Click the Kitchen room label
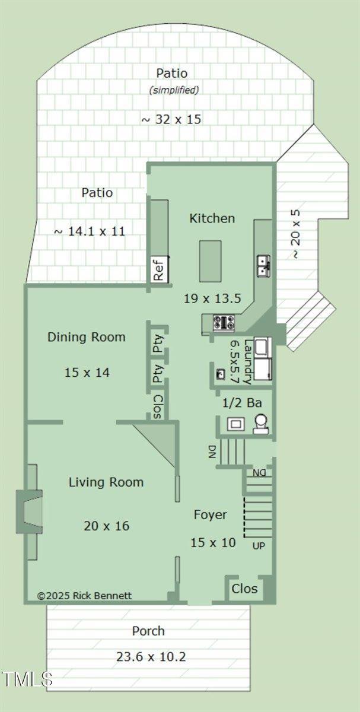click(212, 218)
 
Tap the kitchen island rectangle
click(210, 261)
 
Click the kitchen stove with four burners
click(224, 322)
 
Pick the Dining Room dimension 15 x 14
click(87, 373)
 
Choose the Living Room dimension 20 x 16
click(106, 526)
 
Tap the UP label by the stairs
click(259, 545)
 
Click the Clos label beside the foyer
click(244, 589)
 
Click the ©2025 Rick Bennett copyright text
click(84, 596)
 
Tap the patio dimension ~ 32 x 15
click(171, 119)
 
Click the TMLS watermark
click(27, 678)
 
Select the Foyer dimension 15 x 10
click(213, 542)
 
